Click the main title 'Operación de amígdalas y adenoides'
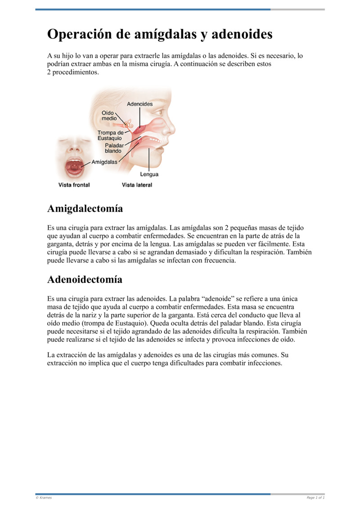point(160,34)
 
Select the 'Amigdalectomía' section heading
point(85,209)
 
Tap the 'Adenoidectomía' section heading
point(85,279)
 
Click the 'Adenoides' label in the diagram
point(139,104)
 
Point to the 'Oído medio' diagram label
point(109,116)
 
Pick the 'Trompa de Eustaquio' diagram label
point(111,135)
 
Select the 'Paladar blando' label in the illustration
point(113,148)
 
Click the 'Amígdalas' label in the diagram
point(104,161)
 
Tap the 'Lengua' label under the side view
point(149,174)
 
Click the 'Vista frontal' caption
point(74,185)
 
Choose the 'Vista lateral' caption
point(137,185)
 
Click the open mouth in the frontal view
point(75,167)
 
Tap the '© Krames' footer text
point(44,498)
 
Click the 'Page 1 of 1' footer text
point(315,498)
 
